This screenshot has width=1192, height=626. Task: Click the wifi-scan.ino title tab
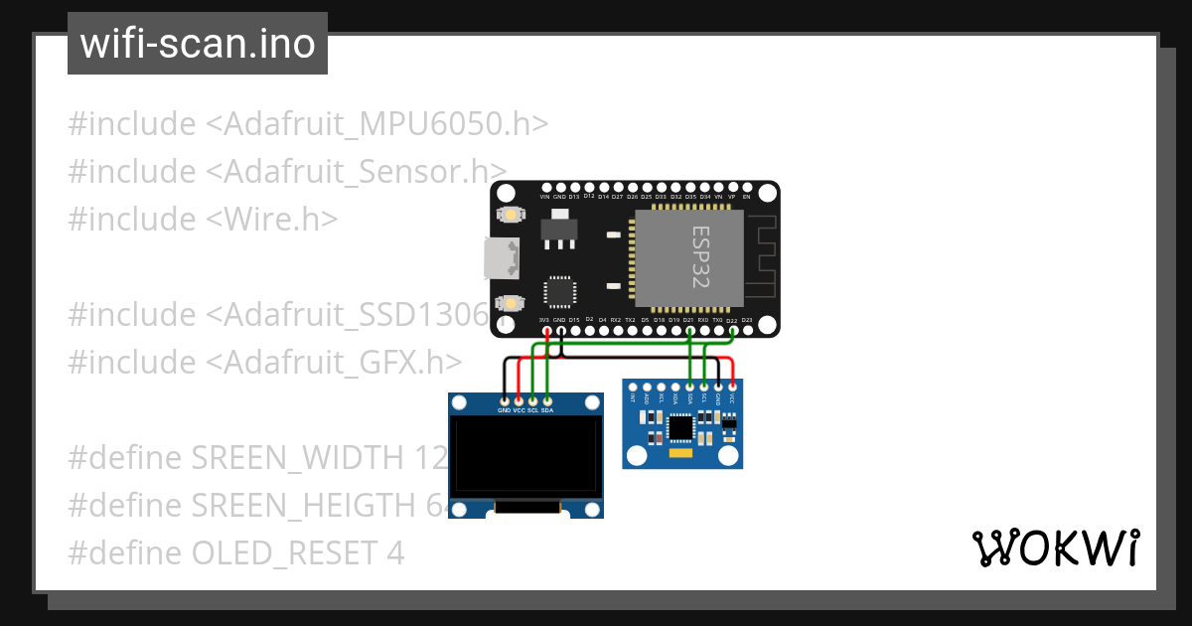(197, 44)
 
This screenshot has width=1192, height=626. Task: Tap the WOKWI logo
(1055, 548)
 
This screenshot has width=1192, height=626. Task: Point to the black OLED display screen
(526, 455)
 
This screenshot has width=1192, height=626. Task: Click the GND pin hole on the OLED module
(505, 398)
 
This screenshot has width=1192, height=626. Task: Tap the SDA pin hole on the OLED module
(547, 398)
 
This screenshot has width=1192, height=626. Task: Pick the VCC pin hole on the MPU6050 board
(732, 386)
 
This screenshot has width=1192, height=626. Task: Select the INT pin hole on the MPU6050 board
(634, 386)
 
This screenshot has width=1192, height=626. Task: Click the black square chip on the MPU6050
(681, 427)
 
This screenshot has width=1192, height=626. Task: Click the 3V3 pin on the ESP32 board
(544, 330)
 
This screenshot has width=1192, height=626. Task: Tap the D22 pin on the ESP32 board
(732, 330)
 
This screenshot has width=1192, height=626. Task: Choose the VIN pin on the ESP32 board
(544, 187)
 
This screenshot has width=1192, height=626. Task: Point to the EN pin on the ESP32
(746, 187)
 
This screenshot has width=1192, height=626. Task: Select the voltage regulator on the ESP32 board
(559, 231)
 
